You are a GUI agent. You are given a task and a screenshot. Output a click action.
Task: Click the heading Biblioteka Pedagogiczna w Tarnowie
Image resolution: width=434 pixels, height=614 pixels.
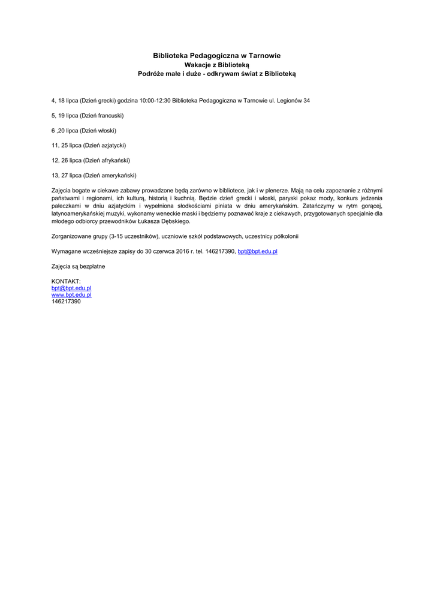[x=216, y=56]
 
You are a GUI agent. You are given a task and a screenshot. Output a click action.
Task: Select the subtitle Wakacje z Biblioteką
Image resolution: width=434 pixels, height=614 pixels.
[x=216, y=65]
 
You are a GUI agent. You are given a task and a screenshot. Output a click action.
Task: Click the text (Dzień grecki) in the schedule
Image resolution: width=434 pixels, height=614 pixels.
[x=98, y=100]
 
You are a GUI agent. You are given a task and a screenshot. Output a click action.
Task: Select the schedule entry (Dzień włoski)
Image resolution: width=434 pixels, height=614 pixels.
[x=98, y=130]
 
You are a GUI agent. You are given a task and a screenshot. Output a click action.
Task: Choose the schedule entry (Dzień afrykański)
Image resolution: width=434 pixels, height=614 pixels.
[x=107, y=160]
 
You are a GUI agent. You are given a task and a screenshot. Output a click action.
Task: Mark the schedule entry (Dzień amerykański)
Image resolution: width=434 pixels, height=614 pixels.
[x=110, y=175]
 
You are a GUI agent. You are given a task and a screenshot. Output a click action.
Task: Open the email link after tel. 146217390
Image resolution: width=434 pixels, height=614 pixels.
[x=257, y=251]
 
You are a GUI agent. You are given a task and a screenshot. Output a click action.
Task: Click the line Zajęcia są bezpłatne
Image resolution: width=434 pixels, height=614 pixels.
[x=79, y=266]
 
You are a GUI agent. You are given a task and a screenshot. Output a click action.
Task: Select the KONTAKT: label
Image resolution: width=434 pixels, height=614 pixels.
[x=66, y=281]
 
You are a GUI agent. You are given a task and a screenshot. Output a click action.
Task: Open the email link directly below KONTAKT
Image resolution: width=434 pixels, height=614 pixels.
[x=71, y=288]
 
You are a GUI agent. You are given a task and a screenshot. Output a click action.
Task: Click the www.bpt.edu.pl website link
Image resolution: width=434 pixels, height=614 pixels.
[x=71, y=294]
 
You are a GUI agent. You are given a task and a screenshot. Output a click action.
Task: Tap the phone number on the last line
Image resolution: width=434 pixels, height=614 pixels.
[x=66, y=301]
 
